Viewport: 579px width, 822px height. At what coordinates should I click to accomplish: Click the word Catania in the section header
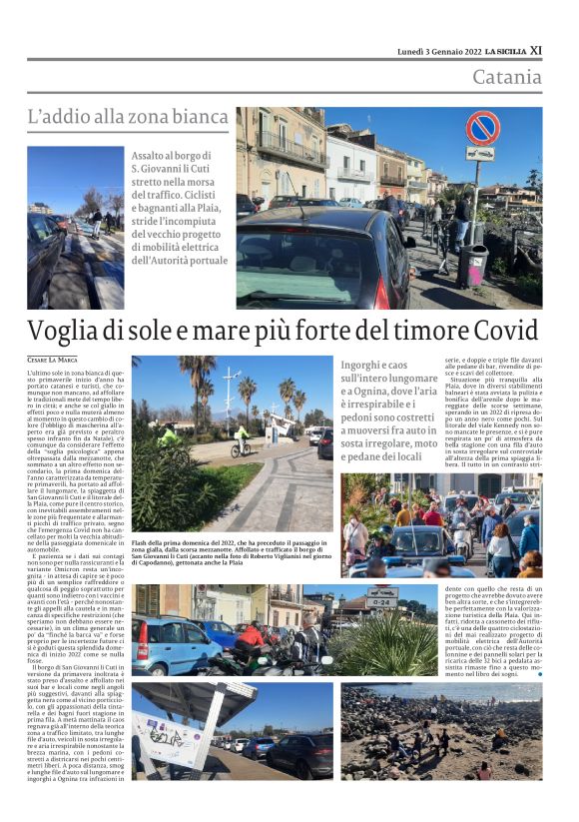[506, 76]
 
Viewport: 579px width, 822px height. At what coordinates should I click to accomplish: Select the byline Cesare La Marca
[53, 359]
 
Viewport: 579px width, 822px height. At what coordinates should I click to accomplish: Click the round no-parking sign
[482, 128]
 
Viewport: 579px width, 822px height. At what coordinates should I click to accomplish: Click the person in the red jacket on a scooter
[248, 639]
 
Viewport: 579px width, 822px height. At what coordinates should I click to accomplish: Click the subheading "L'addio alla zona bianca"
[128, 117]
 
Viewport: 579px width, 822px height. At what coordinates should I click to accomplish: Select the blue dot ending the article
[540, 674]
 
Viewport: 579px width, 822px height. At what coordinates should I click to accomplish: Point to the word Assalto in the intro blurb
[152, 156]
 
